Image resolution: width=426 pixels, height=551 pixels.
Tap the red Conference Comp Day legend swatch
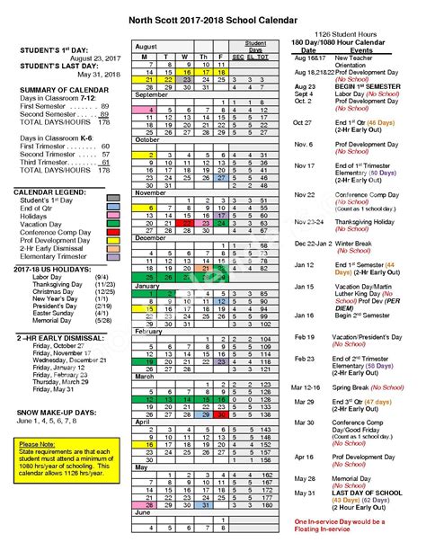pos(114,229)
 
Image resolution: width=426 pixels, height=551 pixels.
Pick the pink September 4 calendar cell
pos(144,110)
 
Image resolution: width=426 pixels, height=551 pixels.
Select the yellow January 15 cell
pos(144,308)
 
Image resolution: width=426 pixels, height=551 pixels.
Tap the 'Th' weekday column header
pos(204,57)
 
